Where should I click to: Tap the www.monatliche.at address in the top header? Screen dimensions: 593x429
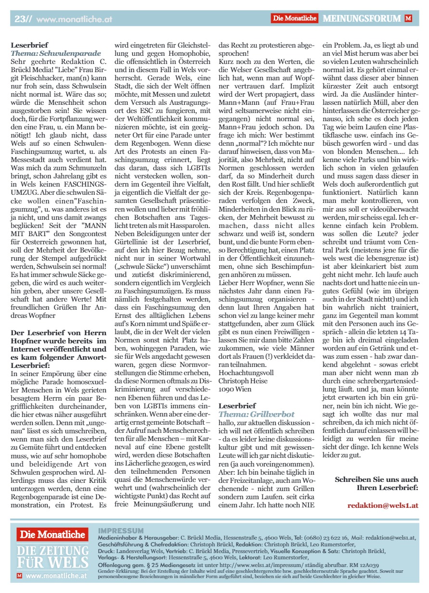coord(74,19)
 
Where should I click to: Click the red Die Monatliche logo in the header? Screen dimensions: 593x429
coord(295,19)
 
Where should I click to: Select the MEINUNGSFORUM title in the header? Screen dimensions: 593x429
coord(361,19)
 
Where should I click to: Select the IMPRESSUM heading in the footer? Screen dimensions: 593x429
coord(120,530)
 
